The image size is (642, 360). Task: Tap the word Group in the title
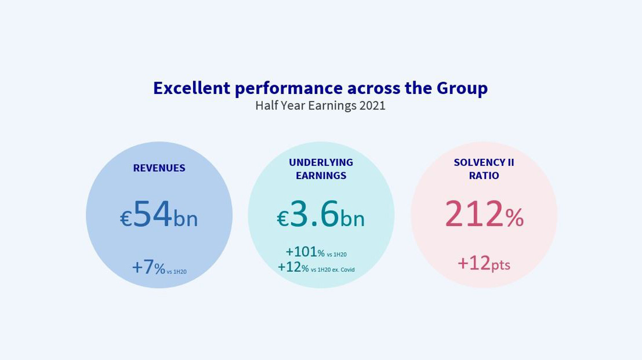[462, 88]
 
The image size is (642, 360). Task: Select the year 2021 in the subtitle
[372, 106]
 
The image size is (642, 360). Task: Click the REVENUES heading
[159, 168]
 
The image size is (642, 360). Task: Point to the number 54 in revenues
[153, 214]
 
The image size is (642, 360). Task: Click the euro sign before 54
[126, 219]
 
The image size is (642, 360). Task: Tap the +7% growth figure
[148, 267]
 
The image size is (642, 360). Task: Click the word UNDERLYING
[321, 162]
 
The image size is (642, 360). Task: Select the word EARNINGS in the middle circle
[321, 176]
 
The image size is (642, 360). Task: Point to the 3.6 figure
[314, 214]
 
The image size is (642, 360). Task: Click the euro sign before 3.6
[282, 219]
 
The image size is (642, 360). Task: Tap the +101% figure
[305, 252]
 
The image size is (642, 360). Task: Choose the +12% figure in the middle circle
[293, 267]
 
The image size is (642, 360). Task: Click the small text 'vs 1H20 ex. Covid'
[332, 270]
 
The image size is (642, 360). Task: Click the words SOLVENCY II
[484, 162]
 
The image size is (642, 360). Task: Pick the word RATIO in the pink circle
[484, 176]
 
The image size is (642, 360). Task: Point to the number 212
[474, 214]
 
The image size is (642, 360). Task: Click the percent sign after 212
[514, 218]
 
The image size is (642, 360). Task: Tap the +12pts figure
[484, 263]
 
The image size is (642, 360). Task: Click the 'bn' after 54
[186, 219]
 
